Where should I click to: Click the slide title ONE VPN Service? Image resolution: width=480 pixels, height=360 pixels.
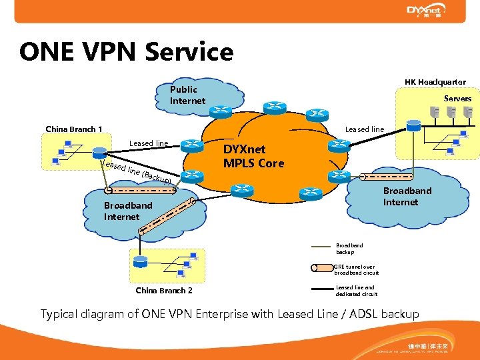(x=127, y=52)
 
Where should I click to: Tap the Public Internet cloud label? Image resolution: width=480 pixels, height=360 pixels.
(x=187, y=95)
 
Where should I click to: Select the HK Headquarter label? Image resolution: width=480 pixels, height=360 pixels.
(x=435, y=82)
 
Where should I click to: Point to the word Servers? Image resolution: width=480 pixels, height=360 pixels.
(x=457, y=99)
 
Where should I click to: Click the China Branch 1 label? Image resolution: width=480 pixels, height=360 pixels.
(x=73, y=129)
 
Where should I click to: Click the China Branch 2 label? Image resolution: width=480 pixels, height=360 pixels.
(x=164, y=291)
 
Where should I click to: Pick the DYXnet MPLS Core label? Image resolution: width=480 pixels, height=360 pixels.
(x=253, y=157)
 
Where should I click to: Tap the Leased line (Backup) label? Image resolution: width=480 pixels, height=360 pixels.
(x=137, y=172)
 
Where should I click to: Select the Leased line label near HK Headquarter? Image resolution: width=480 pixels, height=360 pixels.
(x=365, y=129)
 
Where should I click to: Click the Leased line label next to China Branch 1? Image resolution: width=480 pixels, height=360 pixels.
(x=149, y=143)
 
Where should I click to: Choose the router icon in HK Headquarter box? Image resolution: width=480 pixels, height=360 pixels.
(x=413, y=125)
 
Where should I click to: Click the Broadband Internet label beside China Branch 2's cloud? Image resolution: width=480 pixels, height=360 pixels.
(x=128, y=211)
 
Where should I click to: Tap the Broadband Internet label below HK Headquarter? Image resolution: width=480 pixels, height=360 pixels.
(x=407, y=196)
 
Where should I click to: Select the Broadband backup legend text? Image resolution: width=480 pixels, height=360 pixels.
(x=349, y=249)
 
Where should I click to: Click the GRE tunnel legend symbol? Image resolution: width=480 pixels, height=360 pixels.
(x=322, y=268)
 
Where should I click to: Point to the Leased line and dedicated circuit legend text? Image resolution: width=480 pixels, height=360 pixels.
(x=356, y=291)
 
